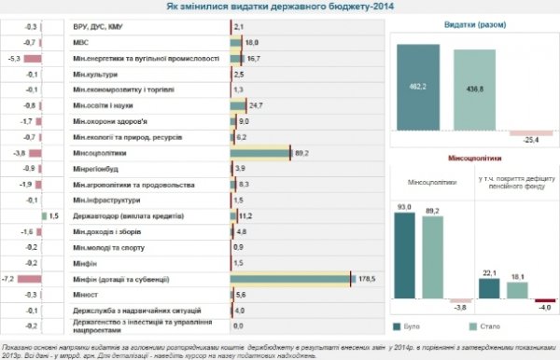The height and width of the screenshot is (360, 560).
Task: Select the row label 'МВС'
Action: coord(81,43)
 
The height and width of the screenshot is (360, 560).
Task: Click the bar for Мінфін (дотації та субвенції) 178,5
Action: coord(290,278)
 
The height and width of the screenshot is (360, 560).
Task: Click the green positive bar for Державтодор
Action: coord(43,215)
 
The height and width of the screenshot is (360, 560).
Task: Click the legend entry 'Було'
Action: coord(413,327)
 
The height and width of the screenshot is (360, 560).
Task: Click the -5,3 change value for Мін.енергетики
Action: coord(16,58)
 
